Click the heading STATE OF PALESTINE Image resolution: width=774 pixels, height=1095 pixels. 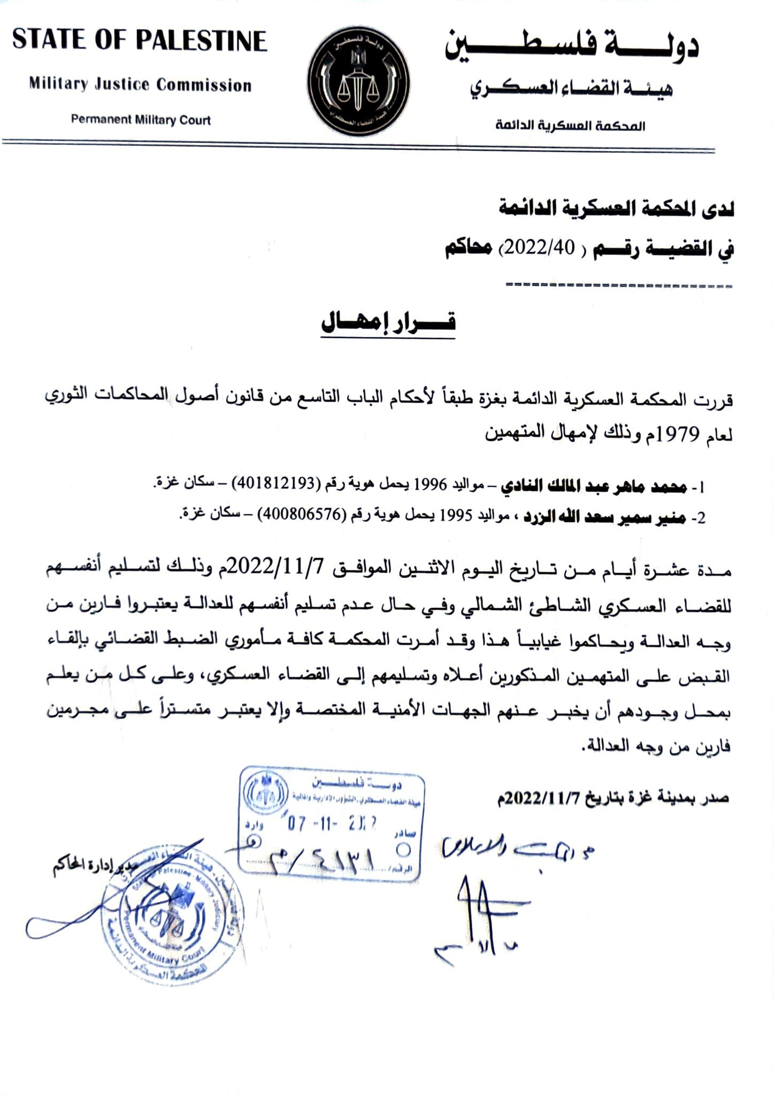tap(140, 41)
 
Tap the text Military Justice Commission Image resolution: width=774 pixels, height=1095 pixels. tap(140, 84)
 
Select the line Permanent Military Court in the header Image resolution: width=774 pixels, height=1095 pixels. tap(141, 120)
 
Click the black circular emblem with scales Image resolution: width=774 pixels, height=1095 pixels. tap(359, 82)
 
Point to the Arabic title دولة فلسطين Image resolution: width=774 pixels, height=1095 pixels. tap(571, 45)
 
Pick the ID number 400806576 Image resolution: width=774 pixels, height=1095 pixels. tap(300, 515)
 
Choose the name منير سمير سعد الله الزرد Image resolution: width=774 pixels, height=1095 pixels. tap(604, 516)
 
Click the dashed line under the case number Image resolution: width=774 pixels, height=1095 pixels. tap(618, 285)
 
